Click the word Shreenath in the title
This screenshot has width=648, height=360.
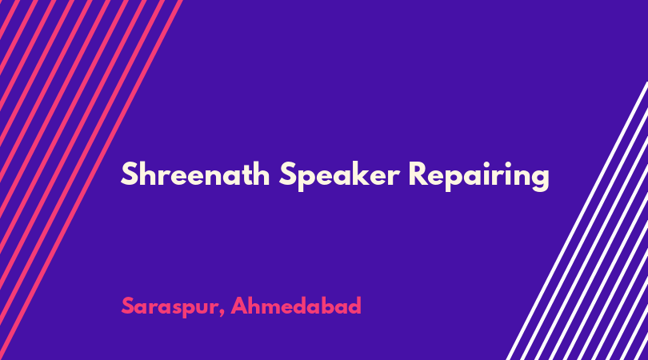tap(195, 174)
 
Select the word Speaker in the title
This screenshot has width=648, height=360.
tap(339, 177)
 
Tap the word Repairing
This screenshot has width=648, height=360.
tap(478, 177)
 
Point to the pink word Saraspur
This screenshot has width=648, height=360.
tap(170, 307)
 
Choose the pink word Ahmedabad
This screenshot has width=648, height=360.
tap(296, 306)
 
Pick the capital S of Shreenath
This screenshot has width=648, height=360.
tap(129, 174)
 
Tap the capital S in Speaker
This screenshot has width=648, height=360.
tap(287, 174)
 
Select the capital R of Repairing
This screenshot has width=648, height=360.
tap(418, 174)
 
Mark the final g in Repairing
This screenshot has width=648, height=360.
tap(540, 180)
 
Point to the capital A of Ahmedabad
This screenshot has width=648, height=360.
tap(239, 306)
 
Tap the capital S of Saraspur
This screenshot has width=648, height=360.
tap(127, 306)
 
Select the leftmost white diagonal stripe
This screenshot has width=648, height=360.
tap(577, 221)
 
